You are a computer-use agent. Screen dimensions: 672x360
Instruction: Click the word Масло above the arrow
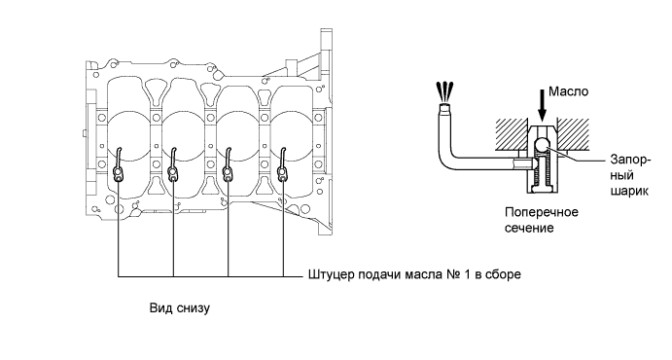pyautogui.click(x=569, y=91)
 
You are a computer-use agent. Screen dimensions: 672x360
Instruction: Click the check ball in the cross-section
pyautogui.click(x=543, y=144)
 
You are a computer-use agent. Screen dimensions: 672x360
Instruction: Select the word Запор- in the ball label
pyautogui.click(x=630, y=160)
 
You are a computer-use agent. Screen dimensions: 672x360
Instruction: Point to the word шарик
pyautogui.click(x=629, y=191)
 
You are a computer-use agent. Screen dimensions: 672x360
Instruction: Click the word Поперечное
pyautogui.click(x=542, y=212)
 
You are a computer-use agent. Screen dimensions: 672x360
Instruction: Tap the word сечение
pyautogui.click(x=529, y=228)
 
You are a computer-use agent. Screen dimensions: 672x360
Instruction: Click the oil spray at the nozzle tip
pyautogui.click(x=443, y=90)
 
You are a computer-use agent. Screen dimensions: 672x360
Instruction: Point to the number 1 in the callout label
pyautogui.click(x=466, y=273)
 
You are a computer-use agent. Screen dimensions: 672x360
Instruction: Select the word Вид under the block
pyautogui.click(x=159, y=308)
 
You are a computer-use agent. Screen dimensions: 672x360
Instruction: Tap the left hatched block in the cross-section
pyautogui.click(x=512, y=134)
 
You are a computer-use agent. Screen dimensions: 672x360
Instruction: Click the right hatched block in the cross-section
pyautogui.click(x=573, y=134)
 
